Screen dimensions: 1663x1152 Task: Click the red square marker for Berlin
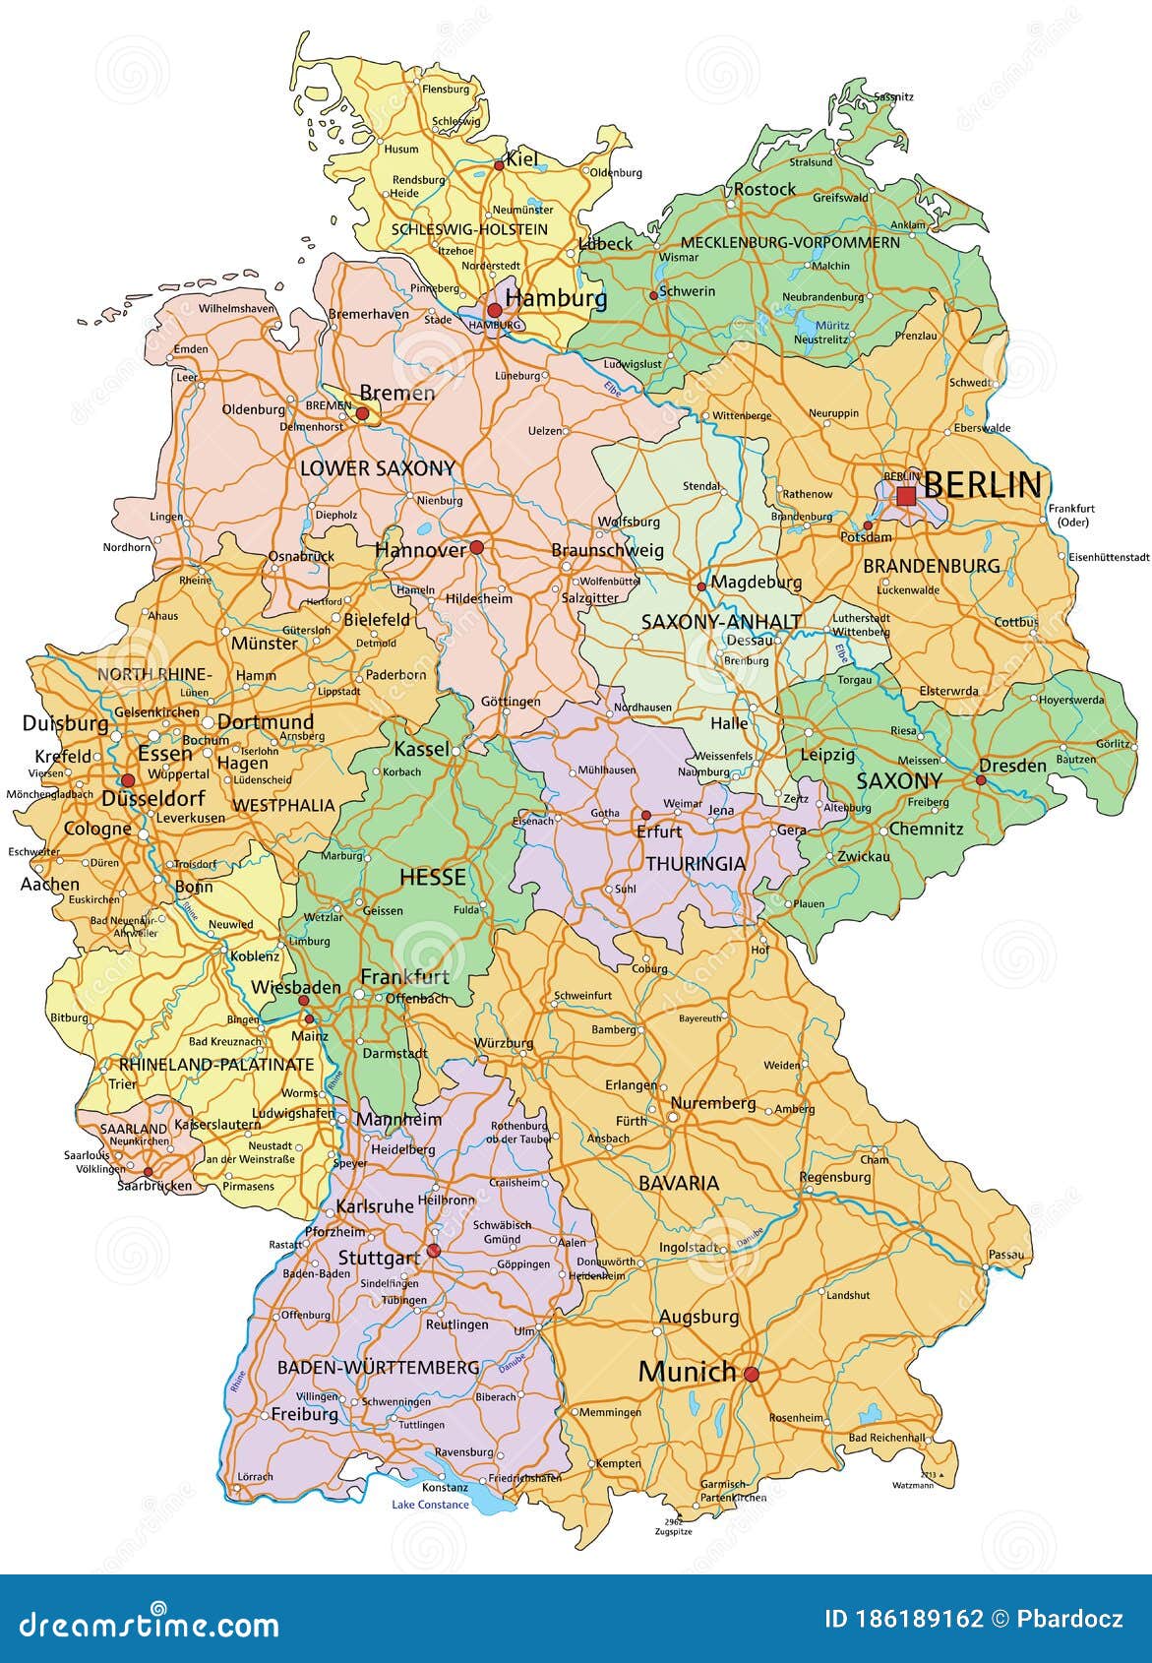click(x=906, y=496)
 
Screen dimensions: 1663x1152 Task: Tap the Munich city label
click(x=687, y=1372)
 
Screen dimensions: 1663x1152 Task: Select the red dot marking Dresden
click(x=980, y=779)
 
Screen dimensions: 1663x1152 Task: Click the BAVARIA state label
click(x=679, y=1183)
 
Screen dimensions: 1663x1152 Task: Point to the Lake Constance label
click(x=430, y=1505)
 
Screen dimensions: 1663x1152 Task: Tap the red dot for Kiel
click(x=499, y=165)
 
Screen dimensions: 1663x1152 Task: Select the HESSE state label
click(x=432, y=877)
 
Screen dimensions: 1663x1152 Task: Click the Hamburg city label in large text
click(x=556, y=297)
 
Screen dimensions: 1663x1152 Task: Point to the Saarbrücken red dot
click(x=148, y=1172)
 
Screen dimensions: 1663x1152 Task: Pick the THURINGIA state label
click(x=695, y=863)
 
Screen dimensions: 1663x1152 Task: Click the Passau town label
click(x=1006, y=1255)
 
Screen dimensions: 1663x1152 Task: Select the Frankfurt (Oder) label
click(x=1071, y=515)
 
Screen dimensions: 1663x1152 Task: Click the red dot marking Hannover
click(x=476, y=547)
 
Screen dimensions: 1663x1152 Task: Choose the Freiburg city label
click(x=304, y=1414)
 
